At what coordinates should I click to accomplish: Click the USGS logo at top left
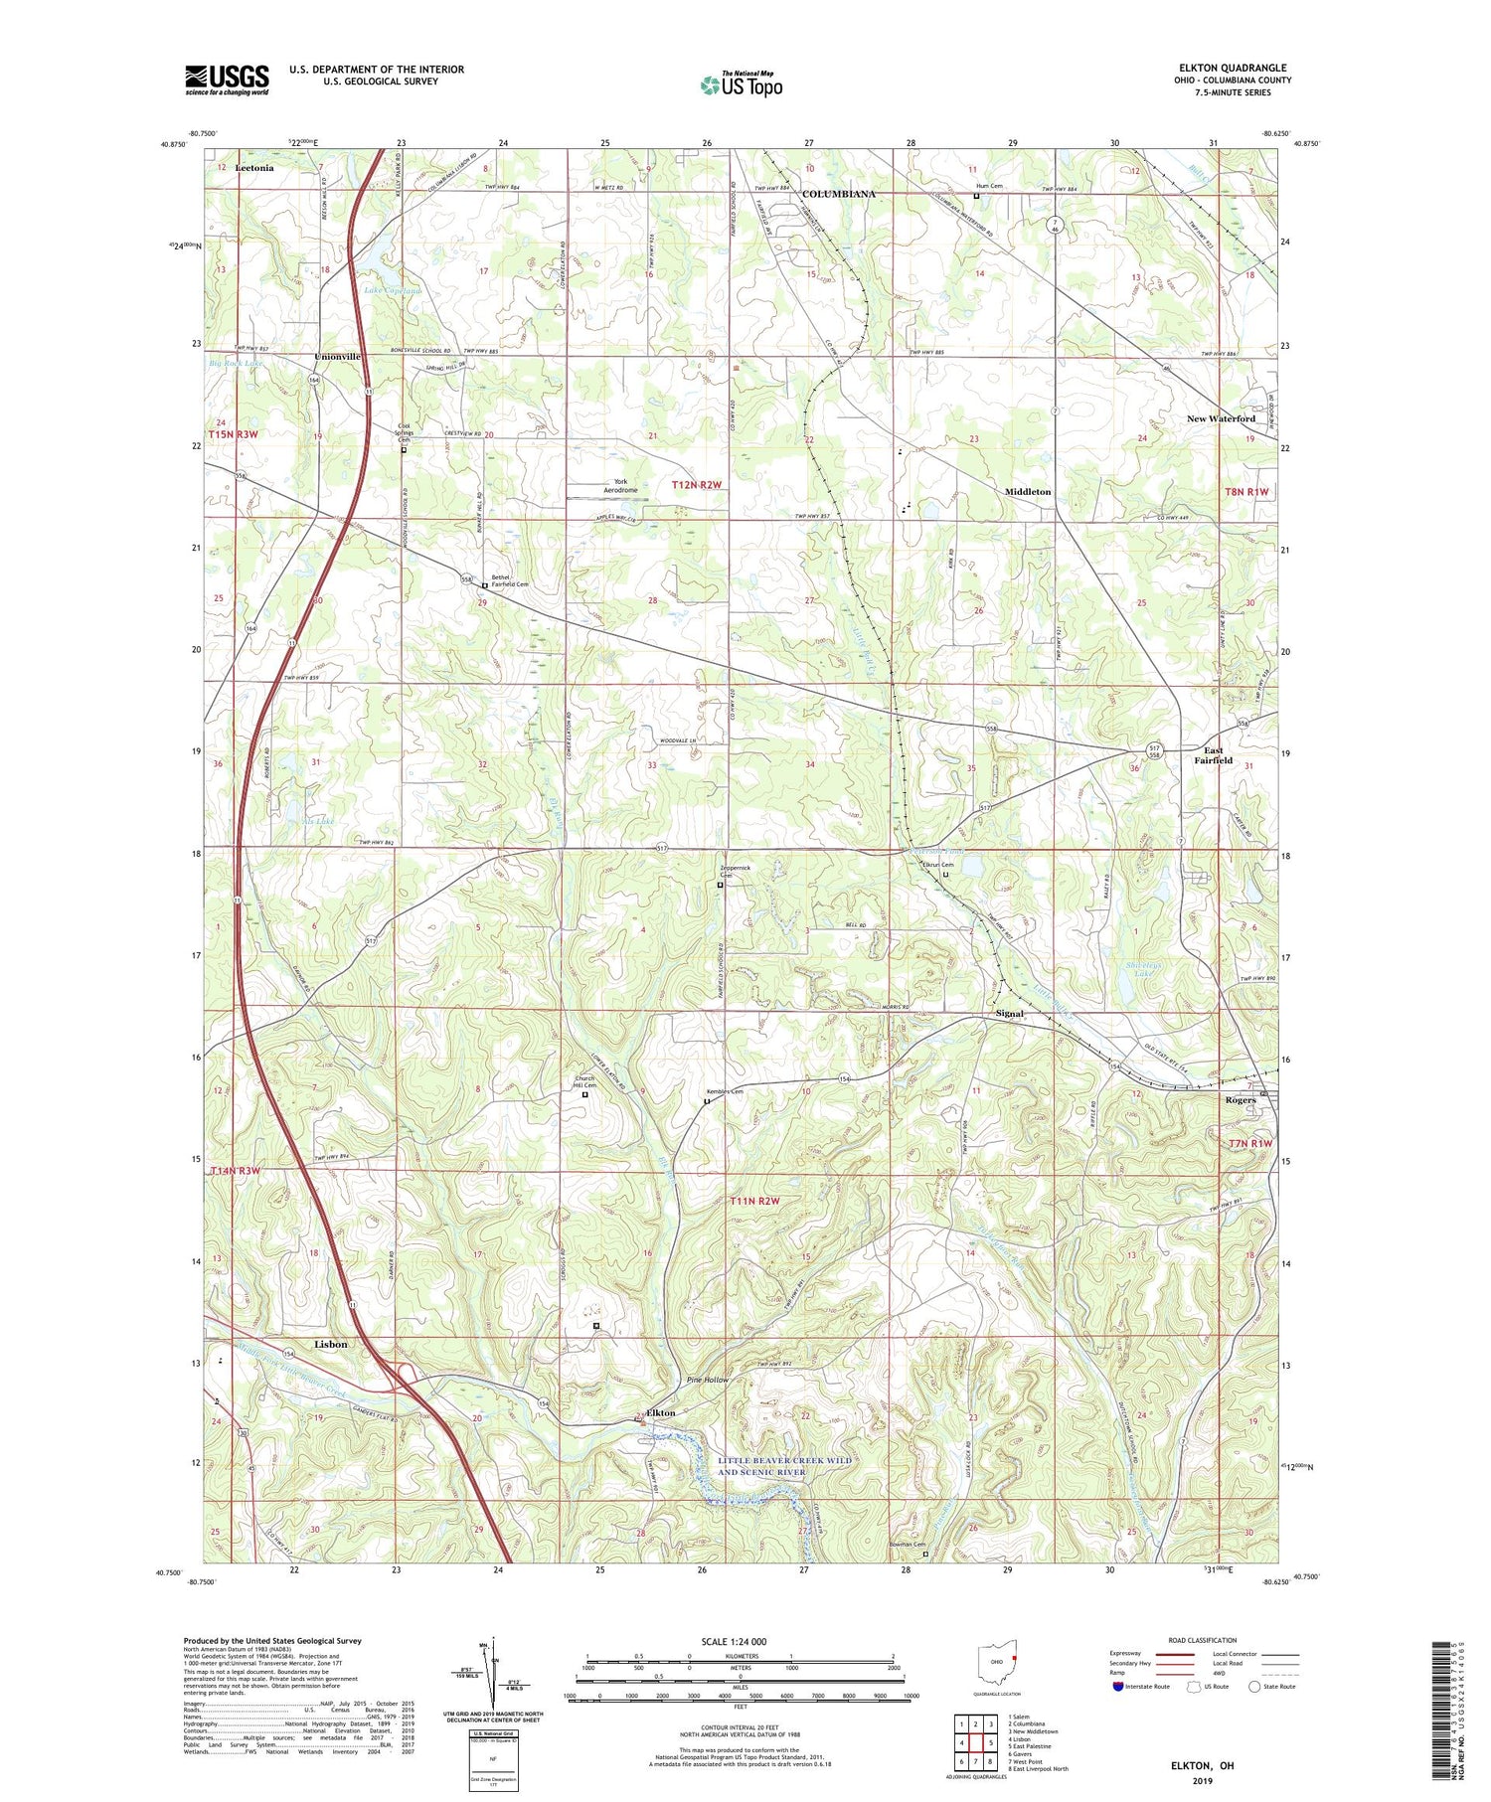click(x=227, y=80)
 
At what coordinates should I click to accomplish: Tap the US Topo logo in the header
click(x=741, y=85)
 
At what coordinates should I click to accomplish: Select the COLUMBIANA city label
click(x=838, y=194)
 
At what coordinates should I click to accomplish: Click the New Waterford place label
click(x=1220, y=418)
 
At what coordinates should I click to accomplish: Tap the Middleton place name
click(x=1027, y=492)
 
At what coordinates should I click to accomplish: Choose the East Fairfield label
click(x=1213, y=755)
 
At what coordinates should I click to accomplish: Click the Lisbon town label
click(x=331, y=1344)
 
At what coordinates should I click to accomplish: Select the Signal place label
click(x=1009, y=1014)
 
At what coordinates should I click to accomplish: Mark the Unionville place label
click(x=338, y=356)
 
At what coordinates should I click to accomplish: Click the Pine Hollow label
click(x=708, y=1380)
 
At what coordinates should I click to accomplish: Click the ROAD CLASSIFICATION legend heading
click(x=1203, y=1640)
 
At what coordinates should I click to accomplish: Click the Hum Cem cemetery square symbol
click(x=976, y=197)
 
